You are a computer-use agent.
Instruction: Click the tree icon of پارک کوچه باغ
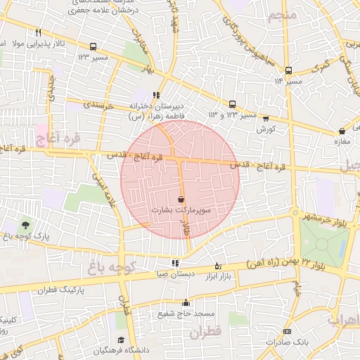click(x=26, y=225)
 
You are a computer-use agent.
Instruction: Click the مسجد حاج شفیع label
click(x=173, y=314)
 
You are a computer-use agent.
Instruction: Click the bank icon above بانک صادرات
click(x=287, y=331)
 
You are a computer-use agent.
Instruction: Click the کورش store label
click(x=264, y=129)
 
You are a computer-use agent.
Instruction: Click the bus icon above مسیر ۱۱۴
click(x=288, y=70)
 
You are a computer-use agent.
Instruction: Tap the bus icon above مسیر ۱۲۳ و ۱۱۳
click(x=233, y=104)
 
